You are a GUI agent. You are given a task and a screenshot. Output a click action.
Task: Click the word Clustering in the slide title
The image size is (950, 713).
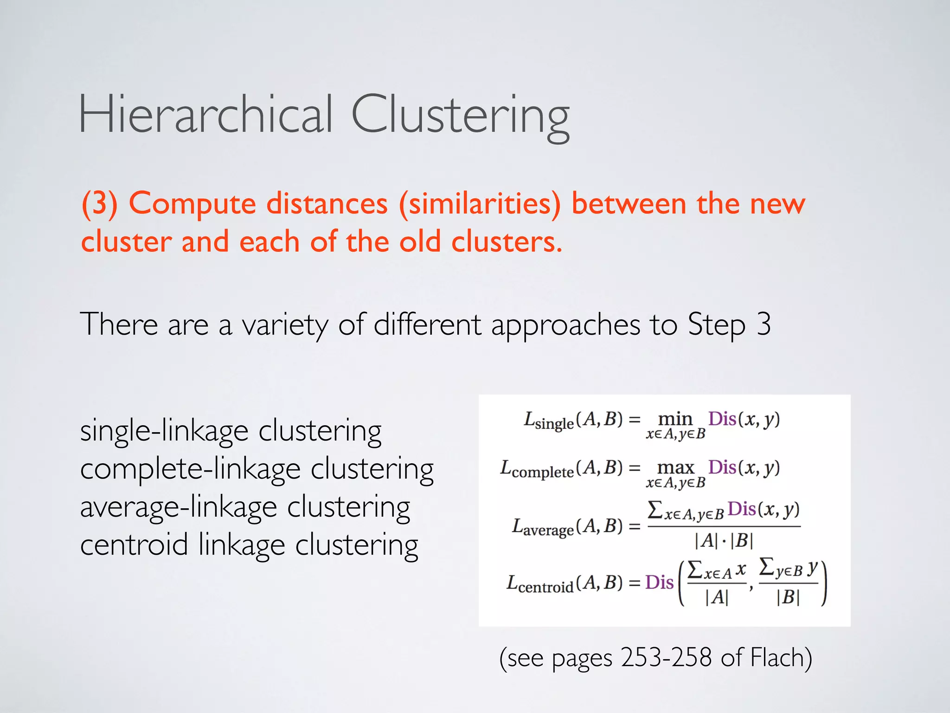coord(460,116)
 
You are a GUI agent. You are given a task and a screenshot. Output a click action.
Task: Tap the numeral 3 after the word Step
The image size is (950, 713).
coord(763,324)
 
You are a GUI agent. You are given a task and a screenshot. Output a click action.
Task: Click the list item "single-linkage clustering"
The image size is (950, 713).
coord(231,431)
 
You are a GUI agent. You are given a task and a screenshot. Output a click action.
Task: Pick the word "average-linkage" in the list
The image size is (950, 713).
coord(179,507)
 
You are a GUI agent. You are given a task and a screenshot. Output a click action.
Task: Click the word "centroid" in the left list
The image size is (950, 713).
coord(134,544)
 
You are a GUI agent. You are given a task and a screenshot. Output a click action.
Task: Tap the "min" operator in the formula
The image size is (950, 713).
coord(675,419)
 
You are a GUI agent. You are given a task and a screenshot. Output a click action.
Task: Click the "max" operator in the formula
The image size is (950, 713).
coord(675,467)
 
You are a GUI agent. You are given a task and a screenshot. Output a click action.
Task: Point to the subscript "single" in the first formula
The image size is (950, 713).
coord(554,424)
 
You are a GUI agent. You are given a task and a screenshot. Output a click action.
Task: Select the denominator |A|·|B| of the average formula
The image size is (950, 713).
coord(724,541)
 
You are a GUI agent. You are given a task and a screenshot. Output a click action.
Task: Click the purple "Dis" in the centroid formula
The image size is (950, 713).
coord(659,583)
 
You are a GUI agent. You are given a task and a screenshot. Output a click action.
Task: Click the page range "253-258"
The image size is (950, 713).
coord(666,658)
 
